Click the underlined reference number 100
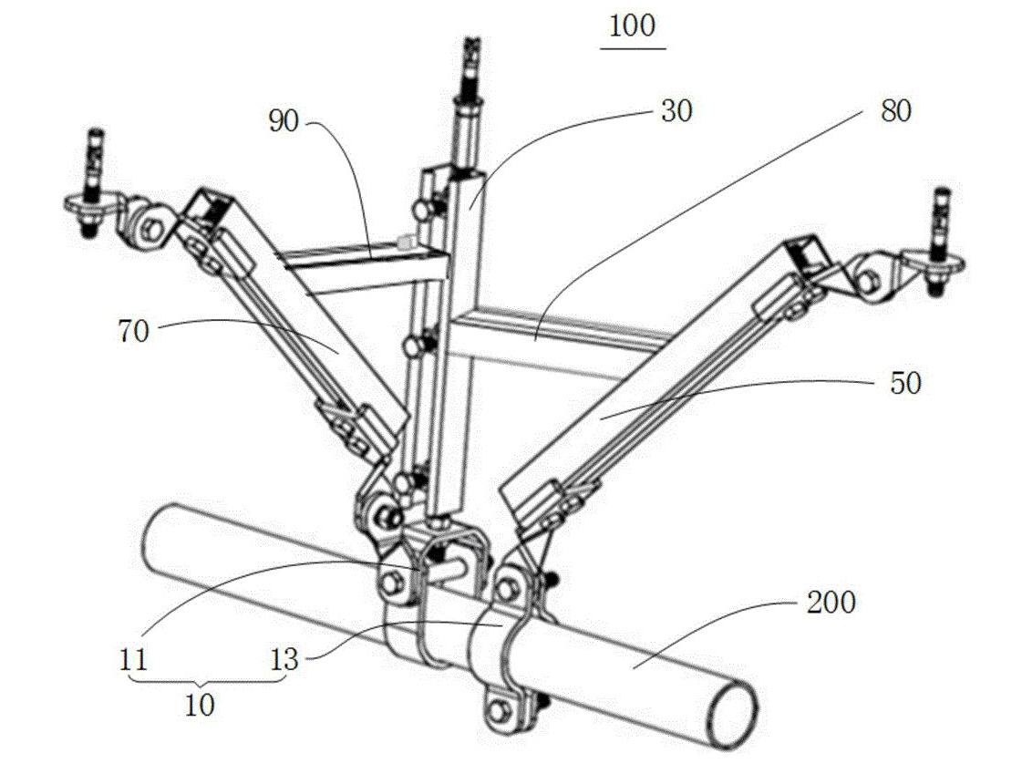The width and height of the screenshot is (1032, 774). (x=632, y=27)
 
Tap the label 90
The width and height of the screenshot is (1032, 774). (x=284, y=122)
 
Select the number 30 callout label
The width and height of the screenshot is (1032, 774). (x=676, y=111)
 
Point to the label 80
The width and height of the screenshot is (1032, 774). (x=896, y=111)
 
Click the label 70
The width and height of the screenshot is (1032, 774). (x=134, y=330)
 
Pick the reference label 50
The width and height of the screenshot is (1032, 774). (x=905, y=383)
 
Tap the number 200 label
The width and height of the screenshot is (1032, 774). (x=831, y=603)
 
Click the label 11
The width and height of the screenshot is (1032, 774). (x=133, y=659)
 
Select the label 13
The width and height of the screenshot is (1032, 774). (x=284, y=659)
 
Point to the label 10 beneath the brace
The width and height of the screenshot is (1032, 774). (x=200, y=706)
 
